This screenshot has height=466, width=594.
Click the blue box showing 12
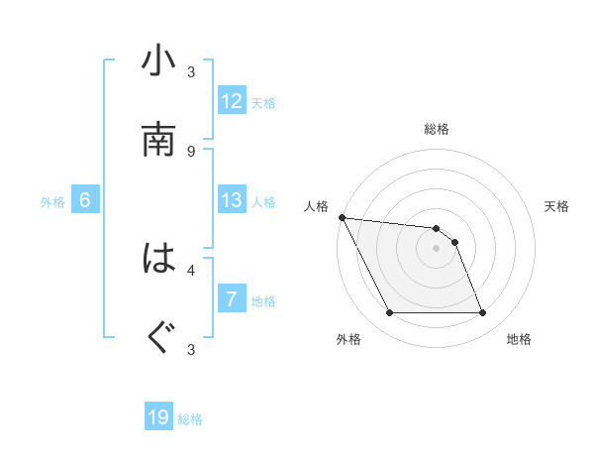pyautogui.click(x=232, y=101)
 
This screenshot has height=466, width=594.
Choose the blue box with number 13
pyautogui.click(x=232, y=200)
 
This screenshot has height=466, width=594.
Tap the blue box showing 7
pyautogui.click(x=232, y=299)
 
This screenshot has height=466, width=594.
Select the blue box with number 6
pyautogui.click(x=85, y=200)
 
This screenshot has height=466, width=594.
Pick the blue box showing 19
pyautogui.click(x=158, y=418)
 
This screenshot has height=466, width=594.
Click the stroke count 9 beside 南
pyautogui.click(x=191, y=151)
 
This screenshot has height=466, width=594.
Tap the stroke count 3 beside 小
pyautogui.click(x=191, y=71)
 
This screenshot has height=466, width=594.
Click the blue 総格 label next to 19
pyautogui.click(x=190, y=419)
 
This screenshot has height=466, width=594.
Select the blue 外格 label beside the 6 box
pyautogui.click(x=52, y=201)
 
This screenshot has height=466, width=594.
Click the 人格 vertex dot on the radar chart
pyautogui.click(x=342, y=217)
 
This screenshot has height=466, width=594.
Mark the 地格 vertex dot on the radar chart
pyautogui.click(x=482, y=313)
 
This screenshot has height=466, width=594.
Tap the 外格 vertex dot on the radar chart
pyautogui.click(x=389, y=313)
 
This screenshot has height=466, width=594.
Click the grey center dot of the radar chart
pyautogui.click(x=436, y=248)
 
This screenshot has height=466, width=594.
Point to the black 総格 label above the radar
pyautogui.click(x=436, y=129)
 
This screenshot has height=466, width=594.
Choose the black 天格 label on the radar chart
pyautogui.click(x=557, y=206)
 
